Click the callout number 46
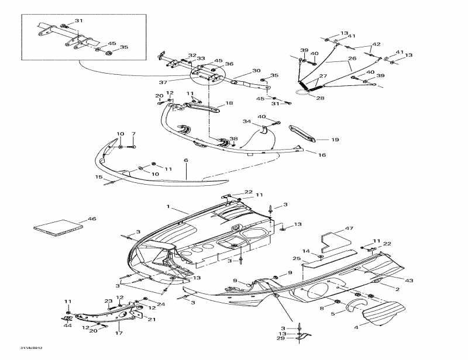[91, 219]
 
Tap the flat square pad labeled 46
[57, 227]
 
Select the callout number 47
[349, 228]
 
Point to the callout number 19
[335, 140]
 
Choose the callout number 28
[320, 98]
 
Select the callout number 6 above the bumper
[186, 160]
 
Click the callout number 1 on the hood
[168, 207]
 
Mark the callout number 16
[322, 155]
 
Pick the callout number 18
[229, 103]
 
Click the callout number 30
[256, 71]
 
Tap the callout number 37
[163, 82]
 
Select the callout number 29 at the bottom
[281, 338]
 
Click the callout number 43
[409, 281]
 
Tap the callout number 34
[247, 122]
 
